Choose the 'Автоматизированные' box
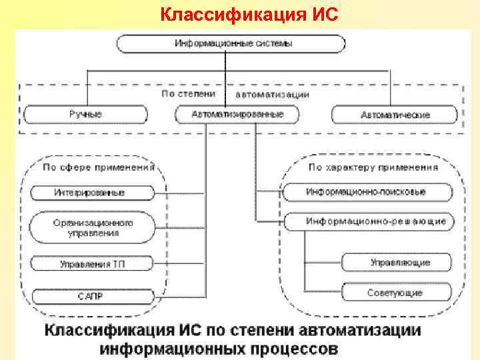pyautogui.click(x=237, y=115)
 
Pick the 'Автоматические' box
pyautogui.click(x=395, y=115)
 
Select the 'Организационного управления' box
pyautogui.click(x=93, y=227)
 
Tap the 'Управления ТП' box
pyautogui.click(x=92, y=264)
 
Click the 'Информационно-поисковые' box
pyautogui.click(x=365, y=192)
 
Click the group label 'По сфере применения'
pyautogui.click(x=99, y=167)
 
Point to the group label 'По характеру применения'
pyautogui.click(x=373, y=167)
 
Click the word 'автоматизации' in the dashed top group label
pyautogui.click(x=273, y=95)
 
